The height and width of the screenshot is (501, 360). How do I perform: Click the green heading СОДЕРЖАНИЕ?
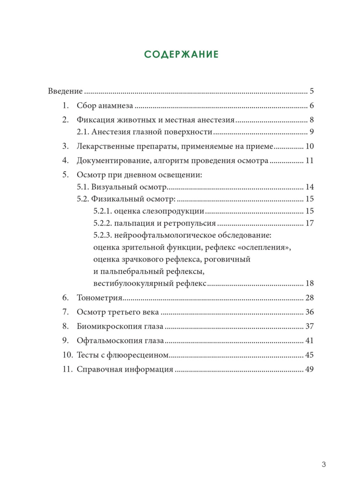(181, 55)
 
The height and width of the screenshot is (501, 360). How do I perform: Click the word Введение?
(66, 91)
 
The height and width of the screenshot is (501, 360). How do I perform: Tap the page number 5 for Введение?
(312, 91)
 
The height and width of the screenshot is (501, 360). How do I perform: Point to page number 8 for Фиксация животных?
(312, 120)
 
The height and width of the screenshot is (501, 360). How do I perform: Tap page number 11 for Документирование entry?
(309, 161)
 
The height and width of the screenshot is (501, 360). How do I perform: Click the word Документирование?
(110, 161)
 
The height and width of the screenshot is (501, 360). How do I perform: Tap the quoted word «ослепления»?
(266, 247)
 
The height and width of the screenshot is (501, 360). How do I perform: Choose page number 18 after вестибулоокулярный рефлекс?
(309, 283)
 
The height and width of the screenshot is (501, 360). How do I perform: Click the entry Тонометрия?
(99, 298)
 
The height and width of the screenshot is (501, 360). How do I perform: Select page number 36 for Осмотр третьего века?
(309, 312)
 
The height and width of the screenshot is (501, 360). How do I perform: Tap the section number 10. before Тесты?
(68, 355)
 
